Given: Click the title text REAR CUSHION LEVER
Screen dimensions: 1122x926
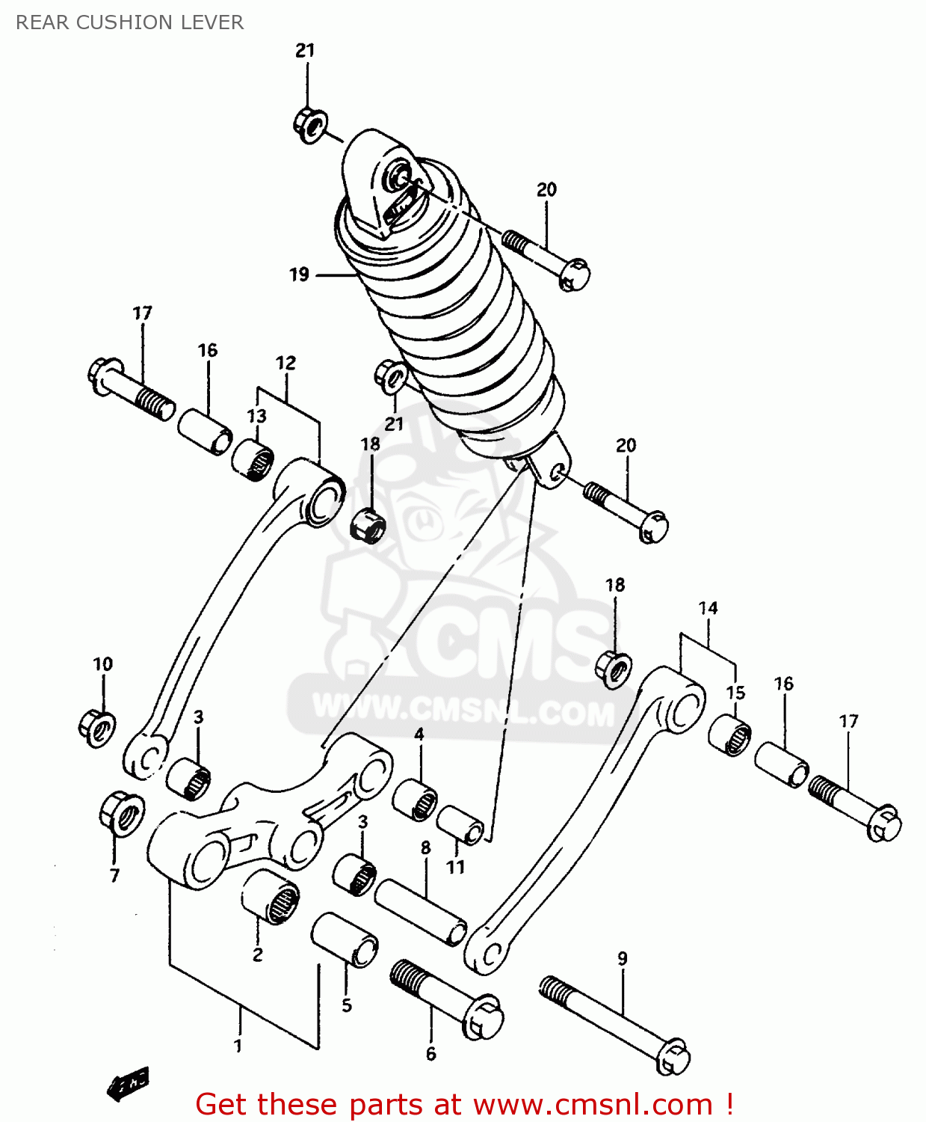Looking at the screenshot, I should (129, 22).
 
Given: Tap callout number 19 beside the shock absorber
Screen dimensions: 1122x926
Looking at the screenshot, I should (299, 275).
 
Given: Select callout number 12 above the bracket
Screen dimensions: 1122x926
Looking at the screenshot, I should (285, 364).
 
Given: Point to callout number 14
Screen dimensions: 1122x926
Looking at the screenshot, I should (708, 608).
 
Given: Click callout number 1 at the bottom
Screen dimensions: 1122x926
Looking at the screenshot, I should (238, 1046).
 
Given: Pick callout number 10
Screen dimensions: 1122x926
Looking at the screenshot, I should (102, 664).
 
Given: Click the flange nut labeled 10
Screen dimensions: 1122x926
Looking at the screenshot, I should (97, 726).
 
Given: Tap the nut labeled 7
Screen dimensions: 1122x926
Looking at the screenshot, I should (121, 811).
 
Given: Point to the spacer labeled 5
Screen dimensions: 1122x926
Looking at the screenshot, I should (345, 939).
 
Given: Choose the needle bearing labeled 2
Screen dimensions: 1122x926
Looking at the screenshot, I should (270, 895).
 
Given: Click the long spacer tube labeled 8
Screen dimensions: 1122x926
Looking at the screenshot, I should (421, 912).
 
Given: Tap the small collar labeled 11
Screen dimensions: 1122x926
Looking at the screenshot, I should (460, 824).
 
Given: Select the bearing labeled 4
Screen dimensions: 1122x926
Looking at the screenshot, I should (416, 799).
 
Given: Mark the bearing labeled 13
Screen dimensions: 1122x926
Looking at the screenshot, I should (253, 457).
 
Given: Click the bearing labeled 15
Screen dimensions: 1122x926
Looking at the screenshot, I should (730, 735).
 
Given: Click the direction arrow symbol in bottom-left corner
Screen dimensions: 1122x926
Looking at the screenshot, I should (128, 1083).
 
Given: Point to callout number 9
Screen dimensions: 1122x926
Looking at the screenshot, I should (623, 958).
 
